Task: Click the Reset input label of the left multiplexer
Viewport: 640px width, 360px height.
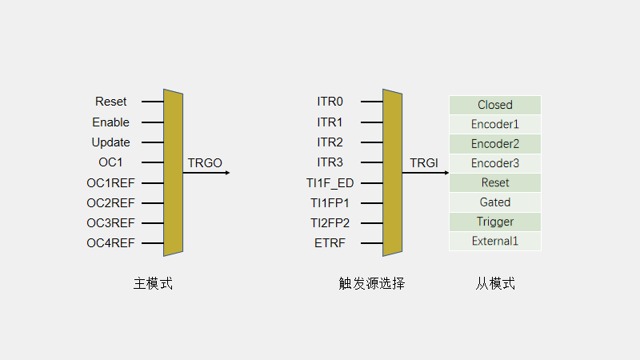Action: (x=111, y=102)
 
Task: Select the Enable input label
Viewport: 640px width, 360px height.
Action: (x=110, y=122)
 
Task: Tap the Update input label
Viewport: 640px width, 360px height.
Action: (x=110, y=142)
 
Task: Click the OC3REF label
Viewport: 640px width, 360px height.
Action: (x=110, y=223)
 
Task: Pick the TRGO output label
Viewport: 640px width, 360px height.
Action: (x=205, y=163)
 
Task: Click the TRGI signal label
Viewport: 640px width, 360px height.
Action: (x=424, y=163)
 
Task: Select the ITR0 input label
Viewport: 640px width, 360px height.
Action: (x=330, y=102)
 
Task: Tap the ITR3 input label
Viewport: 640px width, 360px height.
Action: (x=330, y=162)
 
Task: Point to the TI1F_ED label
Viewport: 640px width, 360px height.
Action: (x=330, y=183)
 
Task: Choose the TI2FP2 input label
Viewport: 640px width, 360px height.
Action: (x=330, y=223)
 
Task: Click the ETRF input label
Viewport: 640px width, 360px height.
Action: (x=330, y=243)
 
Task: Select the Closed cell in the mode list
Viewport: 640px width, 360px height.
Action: (x=495, y=105)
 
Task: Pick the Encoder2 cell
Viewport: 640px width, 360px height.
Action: (x=495, y=144)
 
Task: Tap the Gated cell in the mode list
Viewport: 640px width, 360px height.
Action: (x=495, y=202)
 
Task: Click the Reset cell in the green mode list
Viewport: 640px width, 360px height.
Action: (x=495, y=183)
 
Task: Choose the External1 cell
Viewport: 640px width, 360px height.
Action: (x=495, y=241)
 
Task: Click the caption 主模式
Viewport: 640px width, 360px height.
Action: (x=153, y=283)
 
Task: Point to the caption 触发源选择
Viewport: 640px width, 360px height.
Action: (x=371, y=283)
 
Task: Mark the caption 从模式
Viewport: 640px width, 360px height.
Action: (x=495, y=283)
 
